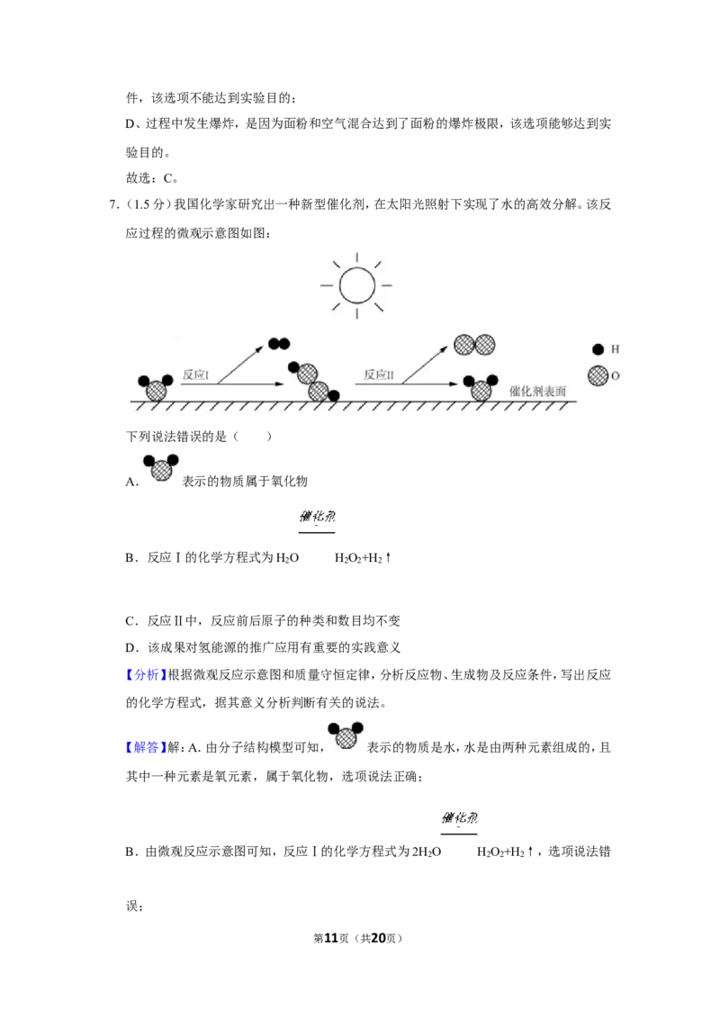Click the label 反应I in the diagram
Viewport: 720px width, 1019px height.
tap(195, 375)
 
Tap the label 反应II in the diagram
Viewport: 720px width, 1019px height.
tap(379, 375)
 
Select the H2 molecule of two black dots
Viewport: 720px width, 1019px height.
tap(279, 344)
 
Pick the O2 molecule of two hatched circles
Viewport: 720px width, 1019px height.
tap(474, 345)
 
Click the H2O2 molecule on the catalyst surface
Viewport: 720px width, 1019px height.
tap(313, 382)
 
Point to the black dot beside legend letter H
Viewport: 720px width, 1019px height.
tap(598, 349)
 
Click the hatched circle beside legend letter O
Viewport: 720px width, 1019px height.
tap(598, 375)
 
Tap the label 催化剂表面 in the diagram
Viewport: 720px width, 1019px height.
tap(537, 392)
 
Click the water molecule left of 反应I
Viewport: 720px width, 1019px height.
tap(156, 388)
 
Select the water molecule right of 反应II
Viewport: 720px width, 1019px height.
tap(481, 388)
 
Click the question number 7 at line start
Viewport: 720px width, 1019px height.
tap(112, 204)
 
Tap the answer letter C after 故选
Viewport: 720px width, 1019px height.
tap(167, 178)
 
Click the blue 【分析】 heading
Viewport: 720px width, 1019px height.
tap(146, 674)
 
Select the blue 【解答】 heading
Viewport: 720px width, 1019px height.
tap(146, 747)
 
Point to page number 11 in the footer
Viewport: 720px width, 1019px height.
tap(331, 938)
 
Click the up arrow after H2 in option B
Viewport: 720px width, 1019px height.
tap(388, 557)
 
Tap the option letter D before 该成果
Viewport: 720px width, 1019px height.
tap(130, 647)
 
